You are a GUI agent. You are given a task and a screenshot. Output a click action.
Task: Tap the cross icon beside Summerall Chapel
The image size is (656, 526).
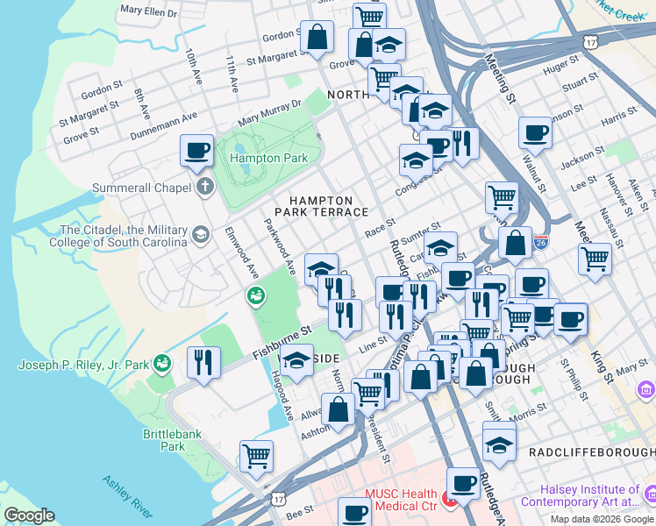(204, 186)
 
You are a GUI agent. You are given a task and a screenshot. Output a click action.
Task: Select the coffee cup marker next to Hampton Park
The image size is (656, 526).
(197, 149)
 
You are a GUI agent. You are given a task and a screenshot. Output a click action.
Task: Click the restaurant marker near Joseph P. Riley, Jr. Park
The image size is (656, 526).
(203, 362)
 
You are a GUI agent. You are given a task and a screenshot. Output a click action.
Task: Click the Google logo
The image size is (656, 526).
(29, 515)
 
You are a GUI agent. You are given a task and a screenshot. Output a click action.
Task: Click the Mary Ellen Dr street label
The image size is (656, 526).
(148, 13)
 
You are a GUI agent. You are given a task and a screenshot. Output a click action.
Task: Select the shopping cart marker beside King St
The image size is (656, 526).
(595, 259)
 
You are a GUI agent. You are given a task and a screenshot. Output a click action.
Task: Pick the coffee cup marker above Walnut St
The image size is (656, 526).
(534, 134)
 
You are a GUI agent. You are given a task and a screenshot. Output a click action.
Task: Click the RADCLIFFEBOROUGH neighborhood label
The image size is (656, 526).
(591, 451)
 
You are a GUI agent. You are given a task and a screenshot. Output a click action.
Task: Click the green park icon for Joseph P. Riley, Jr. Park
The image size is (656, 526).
(162, 362)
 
